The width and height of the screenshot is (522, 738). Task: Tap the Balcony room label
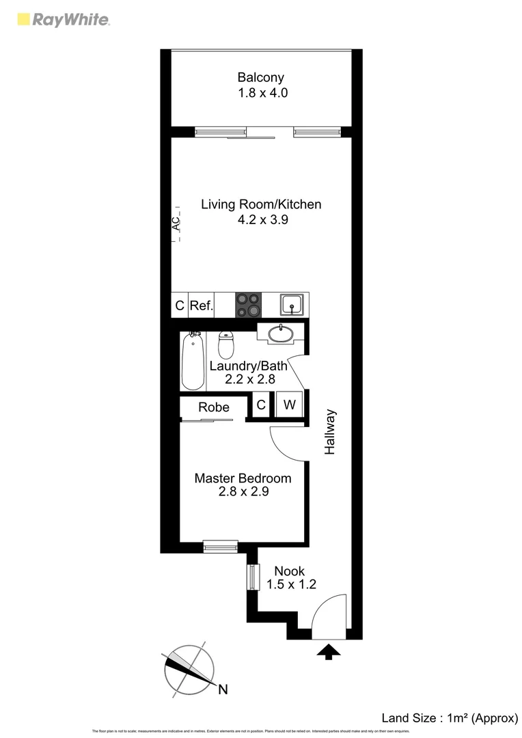(x=260, y=77)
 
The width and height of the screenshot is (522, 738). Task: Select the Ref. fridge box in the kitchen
(x=201, y=305)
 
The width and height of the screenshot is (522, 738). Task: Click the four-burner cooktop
(x=248, y=305)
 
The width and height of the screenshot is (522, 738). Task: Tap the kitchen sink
(x=294, y=304)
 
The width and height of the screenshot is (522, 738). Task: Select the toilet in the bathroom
(x=226, y=344)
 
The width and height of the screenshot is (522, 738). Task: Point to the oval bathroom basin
(x=279, y=334)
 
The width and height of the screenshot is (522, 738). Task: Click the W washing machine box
(x=290, y=405)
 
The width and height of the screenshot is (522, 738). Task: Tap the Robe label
(x=213, y=407)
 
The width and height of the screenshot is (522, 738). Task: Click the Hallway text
(x=331, y=432)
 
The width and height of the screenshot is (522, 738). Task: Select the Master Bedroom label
(x=243, y=478)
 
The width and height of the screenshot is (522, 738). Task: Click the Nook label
(x=289, y=571)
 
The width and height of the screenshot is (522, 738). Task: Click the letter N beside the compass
(x=223, y=689)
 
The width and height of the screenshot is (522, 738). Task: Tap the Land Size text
(x=448, y=717)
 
